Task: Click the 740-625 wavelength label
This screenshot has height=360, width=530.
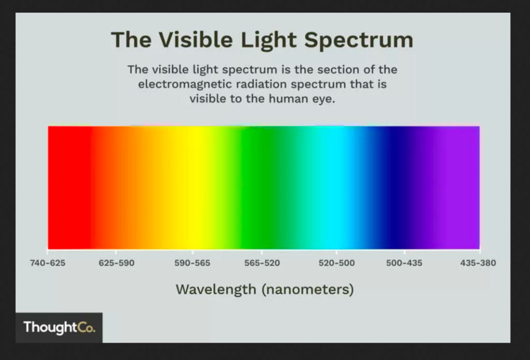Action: click(x=48, y=263)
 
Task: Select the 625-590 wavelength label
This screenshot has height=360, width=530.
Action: click(x=116, y=263)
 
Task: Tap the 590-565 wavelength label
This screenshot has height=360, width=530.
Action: click(x=193, y=263)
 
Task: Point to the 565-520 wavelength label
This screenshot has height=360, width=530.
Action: click(x=262, y=263)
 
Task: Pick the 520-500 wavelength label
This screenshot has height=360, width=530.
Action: click(x=336, y=263)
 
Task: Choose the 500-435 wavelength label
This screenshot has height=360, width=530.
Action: click(x=404, y=263)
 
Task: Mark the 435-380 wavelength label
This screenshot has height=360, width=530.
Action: click(x=478, y=263)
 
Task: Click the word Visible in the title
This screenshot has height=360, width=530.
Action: click(x=196, y=39)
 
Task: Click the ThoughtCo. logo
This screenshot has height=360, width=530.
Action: click(x=59, y=327)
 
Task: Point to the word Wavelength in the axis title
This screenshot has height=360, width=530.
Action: click(x=216, y=289)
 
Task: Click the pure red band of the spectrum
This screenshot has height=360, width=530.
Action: click(x=69, y=188)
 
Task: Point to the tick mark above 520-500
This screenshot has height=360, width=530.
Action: click(x=336, y=252)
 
